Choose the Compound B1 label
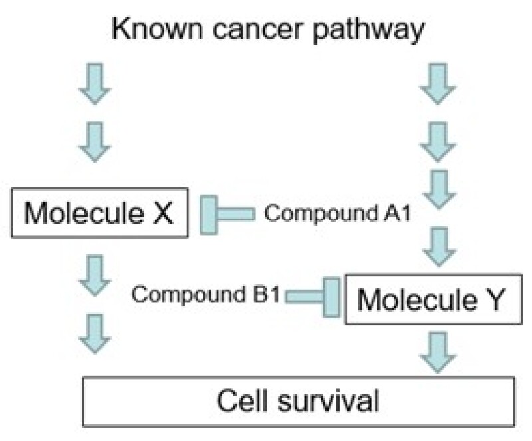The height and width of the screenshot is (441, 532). [204, 294]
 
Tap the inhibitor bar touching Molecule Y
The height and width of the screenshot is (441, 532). [331, 296]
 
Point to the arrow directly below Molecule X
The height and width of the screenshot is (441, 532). [95, 275]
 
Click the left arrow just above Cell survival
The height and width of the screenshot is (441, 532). [95, 333]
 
